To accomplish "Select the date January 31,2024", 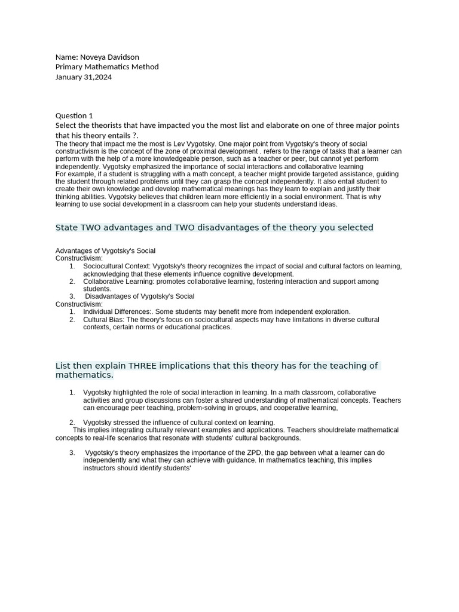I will (84, 77).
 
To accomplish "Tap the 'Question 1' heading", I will (74, 115).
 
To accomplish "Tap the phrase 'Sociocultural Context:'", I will (117, 266).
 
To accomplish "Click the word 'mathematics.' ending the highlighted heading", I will (84, 375).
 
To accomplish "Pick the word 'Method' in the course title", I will (146, 67).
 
